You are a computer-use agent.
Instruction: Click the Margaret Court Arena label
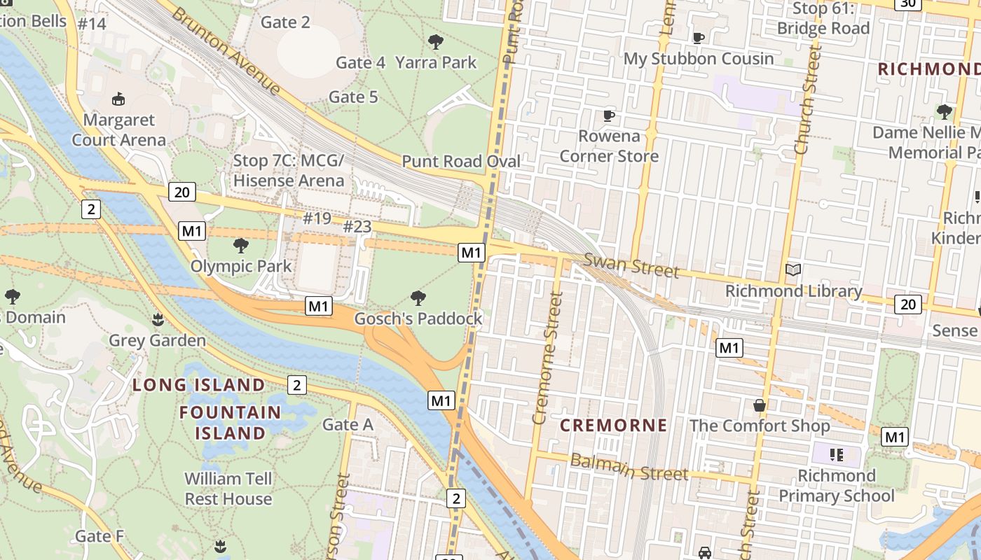[118, 130]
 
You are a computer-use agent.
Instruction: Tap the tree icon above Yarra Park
[436, 42]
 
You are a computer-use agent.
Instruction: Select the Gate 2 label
[285, 22]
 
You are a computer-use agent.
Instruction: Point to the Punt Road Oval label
[461, 162]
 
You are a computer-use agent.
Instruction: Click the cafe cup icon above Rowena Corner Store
[609, 115]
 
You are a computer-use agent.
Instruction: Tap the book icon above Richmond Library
[793, 270]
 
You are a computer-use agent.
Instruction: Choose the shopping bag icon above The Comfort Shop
[759, 405]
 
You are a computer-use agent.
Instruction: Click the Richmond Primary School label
[837, 486]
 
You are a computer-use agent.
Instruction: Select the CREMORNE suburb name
[613, 426]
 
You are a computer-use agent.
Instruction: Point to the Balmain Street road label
[629, 467]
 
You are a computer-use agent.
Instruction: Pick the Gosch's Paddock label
[418, 319]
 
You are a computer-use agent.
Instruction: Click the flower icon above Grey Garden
[158, 320]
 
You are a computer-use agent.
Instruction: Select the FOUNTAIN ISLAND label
[230, 423]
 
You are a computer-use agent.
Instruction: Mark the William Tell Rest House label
[228, 489]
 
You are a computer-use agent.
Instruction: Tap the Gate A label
[348, 425]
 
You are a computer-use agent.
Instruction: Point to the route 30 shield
[908, 3]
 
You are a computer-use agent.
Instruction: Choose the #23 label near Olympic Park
[357, 226]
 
